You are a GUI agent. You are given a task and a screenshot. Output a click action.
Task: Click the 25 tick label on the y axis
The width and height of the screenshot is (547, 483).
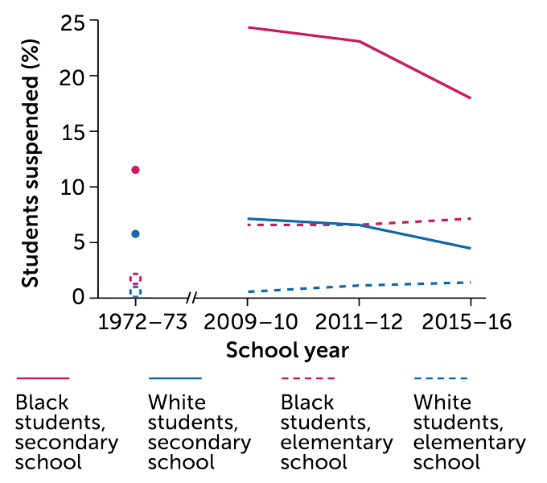coord(72,21)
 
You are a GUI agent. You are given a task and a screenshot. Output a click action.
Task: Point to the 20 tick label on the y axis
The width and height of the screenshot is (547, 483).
coord(72,76)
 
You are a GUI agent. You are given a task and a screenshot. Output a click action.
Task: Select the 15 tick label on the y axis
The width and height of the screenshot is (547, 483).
coord(73,131)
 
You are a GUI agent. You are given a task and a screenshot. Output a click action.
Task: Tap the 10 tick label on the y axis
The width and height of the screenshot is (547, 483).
coord(72,187)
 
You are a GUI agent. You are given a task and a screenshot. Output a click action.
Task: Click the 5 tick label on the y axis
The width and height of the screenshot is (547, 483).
coord(79,242)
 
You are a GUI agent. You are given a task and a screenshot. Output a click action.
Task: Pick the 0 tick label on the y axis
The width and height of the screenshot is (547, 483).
coord(79,297)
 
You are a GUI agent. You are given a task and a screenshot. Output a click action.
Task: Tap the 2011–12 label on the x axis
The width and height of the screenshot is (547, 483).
coord(359,323)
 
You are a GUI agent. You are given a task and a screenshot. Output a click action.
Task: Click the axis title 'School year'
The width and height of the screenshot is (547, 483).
coord(287,351)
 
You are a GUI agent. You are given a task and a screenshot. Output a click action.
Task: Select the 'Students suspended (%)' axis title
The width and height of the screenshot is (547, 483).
coord(30,159)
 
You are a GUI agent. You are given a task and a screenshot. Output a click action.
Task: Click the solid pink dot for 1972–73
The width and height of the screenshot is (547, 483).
coord(135,170)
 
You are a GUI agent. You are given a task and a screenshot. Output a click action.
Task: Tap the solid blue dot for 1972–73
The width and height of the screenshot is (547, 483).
coord(135,233)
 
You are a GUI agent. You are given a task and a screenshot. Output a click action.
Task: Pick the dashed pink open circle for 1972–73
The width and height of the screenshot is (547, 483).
coord(135,279)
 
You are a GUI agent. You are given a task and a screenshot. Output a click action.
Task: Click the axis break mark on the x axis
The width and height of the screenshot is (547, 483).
coord(191,298)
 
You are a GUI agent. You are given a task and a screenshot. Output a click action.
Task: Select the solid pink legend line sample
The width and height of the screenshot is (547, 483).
coord(42,378)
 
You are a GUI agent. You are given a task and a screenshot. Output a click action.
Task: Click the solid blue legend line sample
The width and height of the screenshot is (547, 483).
coord(175,378)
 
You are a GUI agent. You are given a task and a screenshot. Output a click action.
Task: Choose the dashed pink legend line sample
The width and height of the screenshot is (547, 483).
coord(307,378)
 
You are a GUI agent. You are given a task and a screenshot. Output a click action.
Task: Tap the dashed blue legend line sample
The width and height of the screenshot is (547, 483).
coord(440,378)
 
